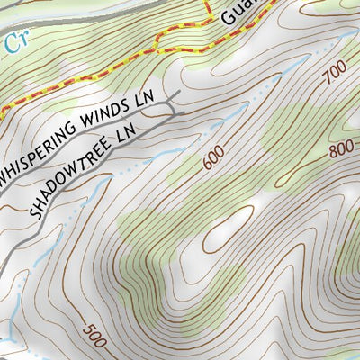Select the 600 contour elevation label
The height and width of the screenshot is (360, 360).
(214, 158)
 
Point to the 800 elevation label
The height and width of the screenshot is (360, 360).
(340, 149)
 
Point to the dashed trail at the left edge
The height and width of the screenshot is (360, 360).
(4, 109)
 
